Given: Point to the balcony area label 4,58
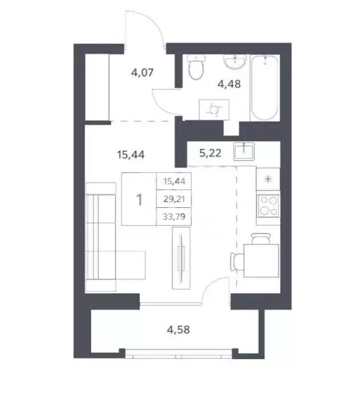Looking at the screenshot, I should tap(177, 330).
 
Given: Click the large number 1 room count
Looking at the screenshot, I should tap(139, 200).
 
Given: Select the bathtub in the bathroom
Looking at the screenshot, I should tap(264, 87).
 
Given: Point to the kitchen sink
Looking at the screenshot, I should tap(247, 149).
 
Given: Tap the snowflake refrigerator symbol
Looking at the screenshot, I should tap(268, 179).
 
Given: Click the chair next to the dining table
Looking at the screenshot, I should tap(237, 262).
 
